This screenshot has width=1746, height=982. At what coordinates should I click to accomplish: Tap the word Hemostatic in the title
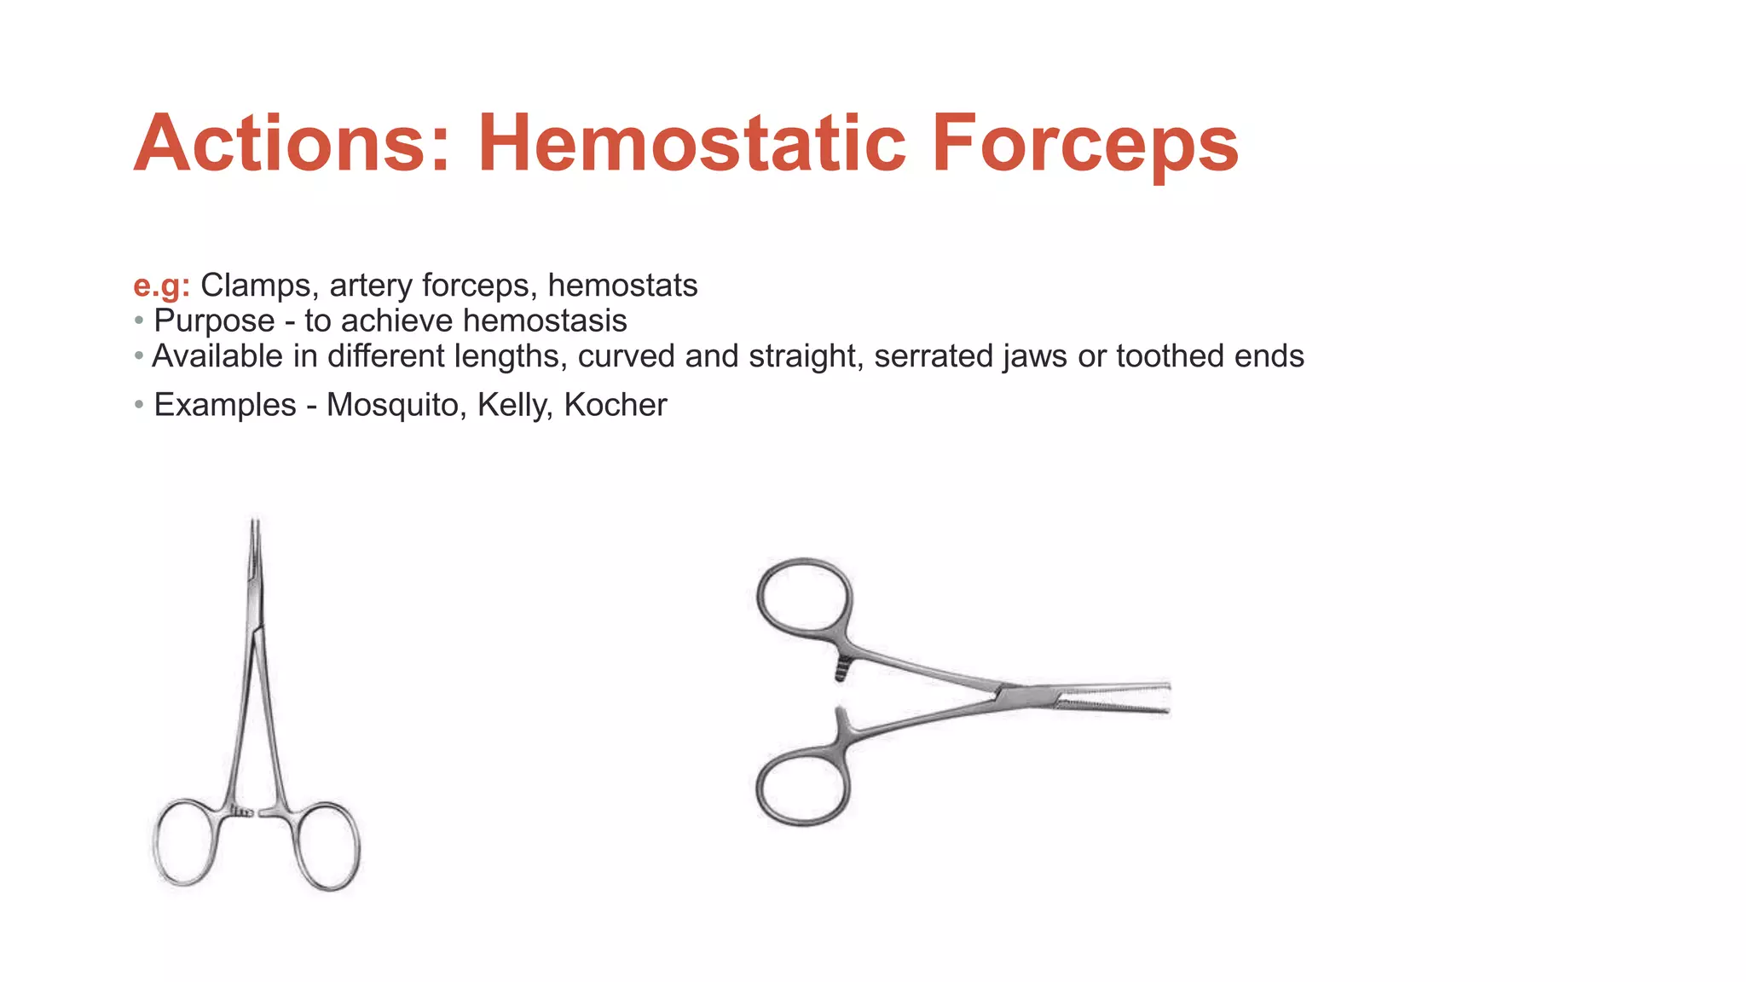coord(691,143)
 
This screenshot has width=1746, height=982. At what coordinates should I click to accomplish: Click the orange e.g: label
coord(161,286)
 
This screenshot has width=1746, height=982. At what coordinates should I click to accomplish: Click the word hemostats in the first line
coord(622,286)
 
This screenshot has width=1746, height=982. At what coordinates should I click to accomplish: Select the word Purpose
coord(214,321)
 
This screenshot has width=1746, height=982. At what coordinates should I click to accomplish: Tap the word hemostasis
coord(545,321)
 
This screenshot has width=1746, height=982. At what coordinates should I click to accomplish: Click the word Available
coord(217,356)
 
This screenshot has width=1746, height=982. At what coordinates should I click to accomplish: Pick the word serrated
coord(934,356)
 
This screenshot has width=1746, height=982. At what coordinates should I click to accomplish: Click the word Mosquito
coord(396,405)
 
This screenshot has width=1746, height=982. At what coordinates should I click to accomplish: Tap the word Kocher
coord(616,405)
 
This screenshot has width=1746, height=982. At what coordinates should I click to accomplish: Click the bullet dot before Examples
coord(139,404)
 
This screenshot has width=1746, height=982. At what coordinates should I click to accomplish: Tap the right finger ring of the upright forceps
coord(327,846)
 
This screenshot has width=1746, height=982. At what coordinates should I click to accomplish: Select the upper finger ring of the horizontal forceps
coord(803,597)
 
